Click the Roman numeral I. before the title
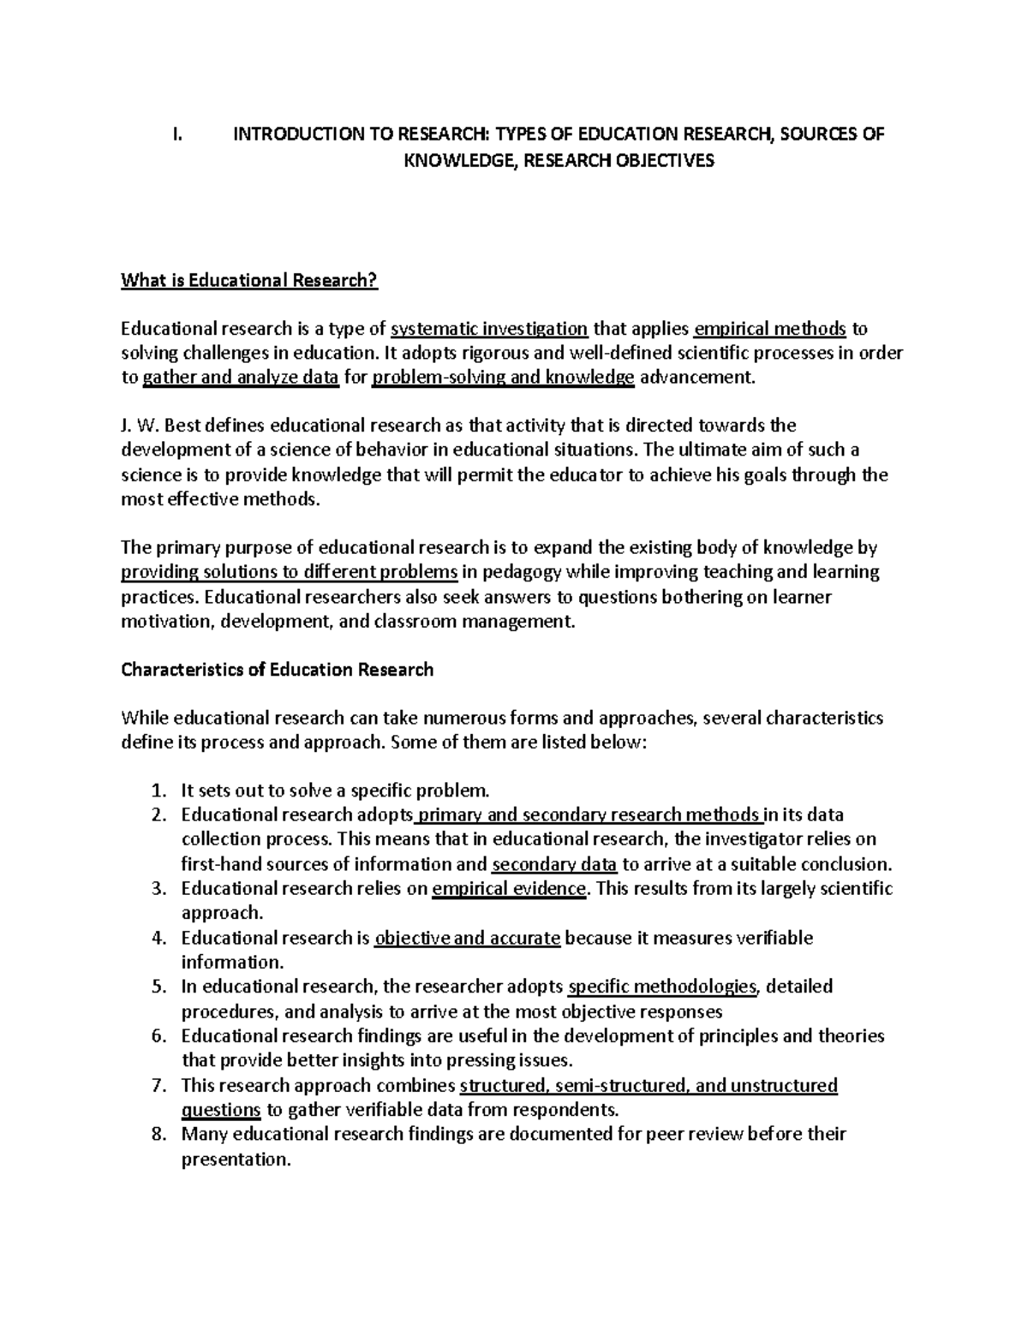[176, 134]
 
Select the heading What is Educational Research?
[249, 280]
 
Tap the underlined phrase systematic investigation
[489, 329]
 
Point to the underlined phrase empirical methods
[770, 329]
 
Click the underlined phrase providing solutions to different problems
[290, 572]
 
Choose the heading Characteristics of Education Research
[278, 670]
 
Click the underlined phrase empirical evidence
[510, 889]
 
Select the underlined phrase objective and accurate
[468, 938]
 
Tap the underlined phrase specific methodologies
[662, 987]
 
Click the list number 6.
[157, 1036]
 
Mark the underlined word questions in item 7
[221, 1111]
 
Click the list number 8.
[157, 1135]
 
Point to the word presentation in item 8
[236, 1160]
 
